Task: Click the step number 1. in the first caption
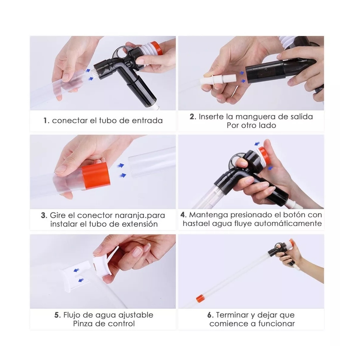pyautogui.click(x=46, y=121)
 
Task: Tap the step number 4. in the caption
pyautogui.click(x=184, y=215)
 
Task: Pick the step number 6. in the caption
pyautogui.click(x=210, y=315)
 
